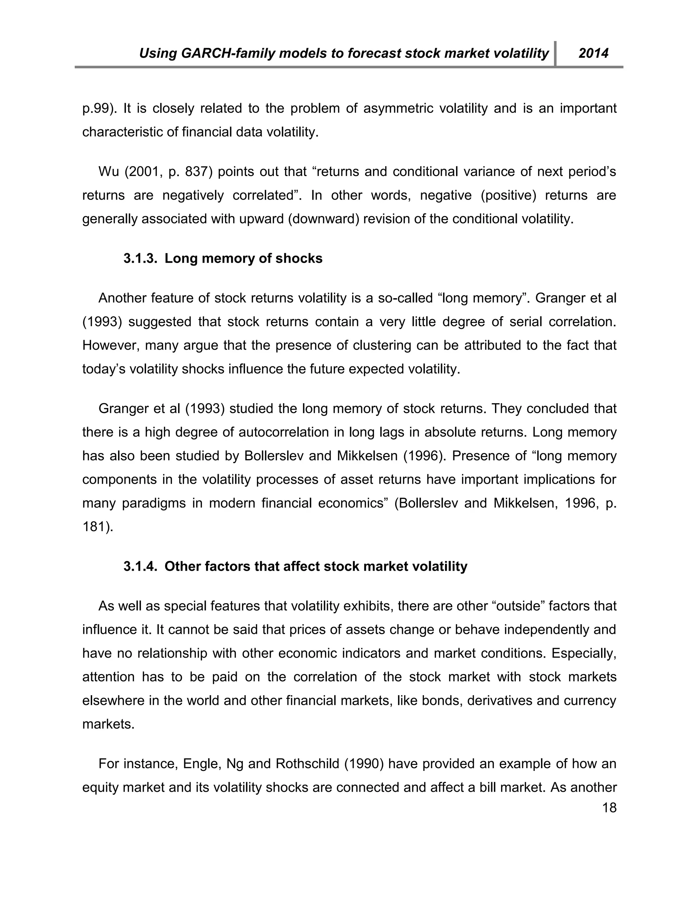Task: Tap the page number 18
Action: (x=609, y=807)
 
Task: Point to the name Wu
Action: (x=109, y=171)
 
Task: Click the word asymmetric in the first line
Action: (x=398, y=108)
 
